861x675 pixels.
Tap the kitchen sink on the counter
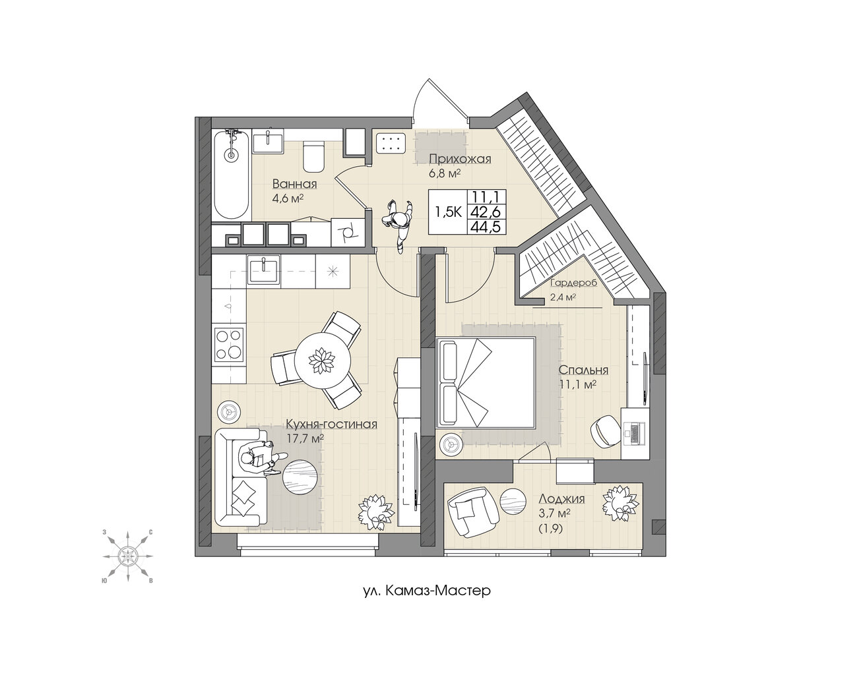pyautogui.click(x=264, y=270)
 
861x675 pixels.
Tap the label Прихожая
pyautogui.click(x=460, y=159)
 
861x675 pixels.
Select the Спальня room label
pyautogui.click(x=583, y=370)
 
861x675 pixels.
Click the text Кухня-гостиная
pyautogui.click(x=331, y=424)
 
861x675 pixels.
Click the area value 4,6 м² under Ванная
pyautogui.click(x=288, y=198)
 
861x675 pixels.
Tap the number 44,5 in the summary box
pyautogui.click(x=486, y=227)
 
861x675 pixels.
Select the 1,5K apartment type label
pyautogui.click(x=449, y=213)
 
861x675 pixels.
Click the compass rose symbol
pyautogui.click(x=127, y=556)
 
